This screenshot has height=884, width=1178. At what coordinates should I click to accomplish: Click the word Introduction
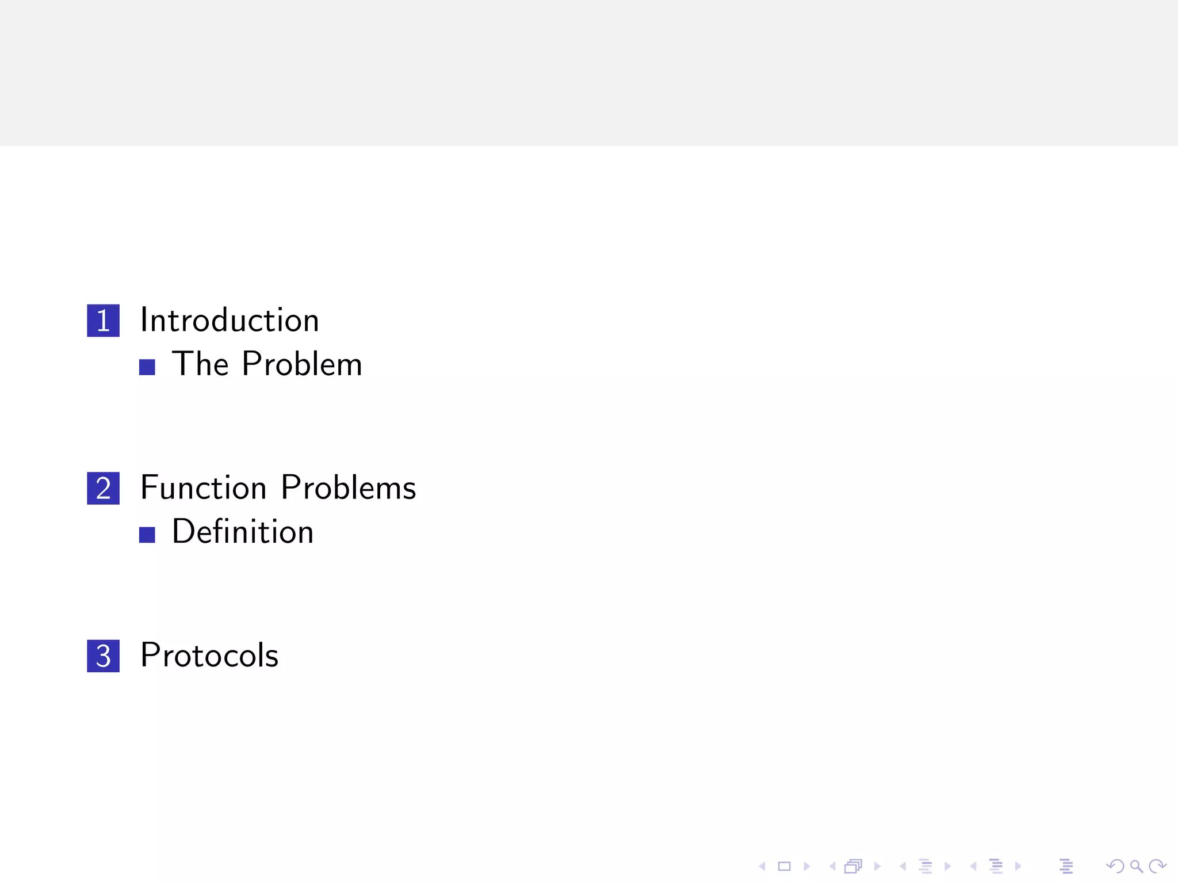pyautogui.click(x=230, y=321)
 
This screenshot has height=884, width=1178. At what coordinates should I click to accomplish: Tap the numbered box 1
pyautogui.click(x=103, y=321)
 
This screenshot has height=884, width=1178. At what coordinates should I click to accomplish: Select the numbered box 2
pyautogui.click(x=103, y=488)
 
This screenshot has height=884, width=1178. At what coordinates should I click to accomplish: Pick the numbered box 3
pyautogui.click(x=103, y=656)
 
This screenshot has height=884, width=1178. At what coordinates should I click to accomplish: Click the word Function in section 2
pyautogui.click(x=203, y=488)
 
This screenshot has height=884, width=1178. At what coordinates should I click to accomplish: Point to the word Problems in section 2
pyautogui.click(x=348, y=488)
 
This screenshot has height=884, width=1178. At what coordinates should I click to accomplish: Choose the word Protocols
pyautogui.click(x=209, y=656)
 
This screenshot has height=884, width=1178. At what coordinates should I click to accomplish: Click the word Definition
pyautogui.click(x=243, y=532)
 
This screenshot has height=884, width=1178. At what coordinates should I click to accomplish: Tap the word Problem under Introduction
pyautogui.click(x=302, y=364)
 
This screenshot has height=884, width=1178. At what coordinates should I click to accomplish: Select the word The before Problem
pyautogui.click(x=201, y=364)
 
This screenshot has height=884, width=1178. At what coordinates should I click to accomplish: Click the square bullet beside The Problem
pyautogui.click(x=147, y=367)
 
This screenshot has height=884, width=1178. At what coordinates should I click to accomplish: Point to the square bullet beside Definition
pyautogui.click(x=147, y=535)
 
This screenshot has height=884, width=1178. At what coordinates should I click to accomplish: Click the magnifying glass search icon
pyautogui.click(x=1136, y=866)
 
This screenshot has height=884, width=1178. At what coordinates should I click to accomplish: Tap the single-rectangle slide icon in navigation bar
pyautogui.click(x=784, y=866)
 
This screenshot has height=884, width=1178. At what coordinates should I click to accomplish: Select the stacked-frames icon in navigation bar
pyautogui.click(x=854, y=866)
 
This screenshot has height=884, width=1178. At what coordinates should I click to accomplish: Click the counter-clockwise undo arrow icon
pyautogui.click(x=1115, y=866)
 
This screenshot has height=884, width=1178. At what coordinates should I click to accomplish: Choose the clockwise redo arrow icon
pyautogui.click(x=1157, y=866)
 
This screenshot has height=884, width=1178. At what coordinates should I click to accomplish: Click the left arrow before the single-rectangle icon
pyautogui.click(x=762, y=866)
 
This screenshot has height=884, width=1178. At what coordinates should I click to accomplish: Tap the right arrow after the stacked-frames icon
pyautogui.click(x=877, y=866)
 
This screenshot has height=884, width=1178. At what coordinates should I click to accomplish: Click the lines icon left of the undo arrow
pyautogui.click(x=1066, y=866)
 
